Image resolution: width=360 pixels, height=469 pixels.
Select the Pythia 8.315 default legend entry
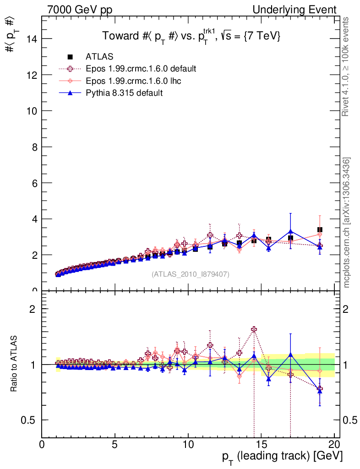pos(124,93)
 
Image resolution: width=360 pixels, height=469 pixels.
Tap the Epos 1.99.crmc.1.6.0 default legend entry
pos(141,69)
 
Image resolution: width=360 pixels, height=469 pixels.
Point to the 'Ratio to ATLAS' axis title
pos(14,365)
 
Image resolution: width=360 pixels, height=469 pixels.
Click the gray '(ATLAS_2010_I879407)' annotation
pos(191,274)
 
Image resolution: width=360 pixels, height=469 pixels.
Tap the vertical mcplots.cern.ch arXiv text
pos(347,222)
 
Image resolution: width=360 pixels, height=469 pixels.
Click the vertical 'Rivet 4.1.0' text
pos(347,66)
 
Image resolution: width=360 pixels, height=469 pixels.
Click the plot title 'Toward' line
pos(191,37)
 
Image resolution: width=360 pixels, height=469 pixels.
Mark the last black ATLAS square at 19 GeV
pos(320,230)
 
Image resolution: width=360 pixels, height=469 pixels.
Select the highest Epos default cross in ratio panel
pos(254,329)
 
